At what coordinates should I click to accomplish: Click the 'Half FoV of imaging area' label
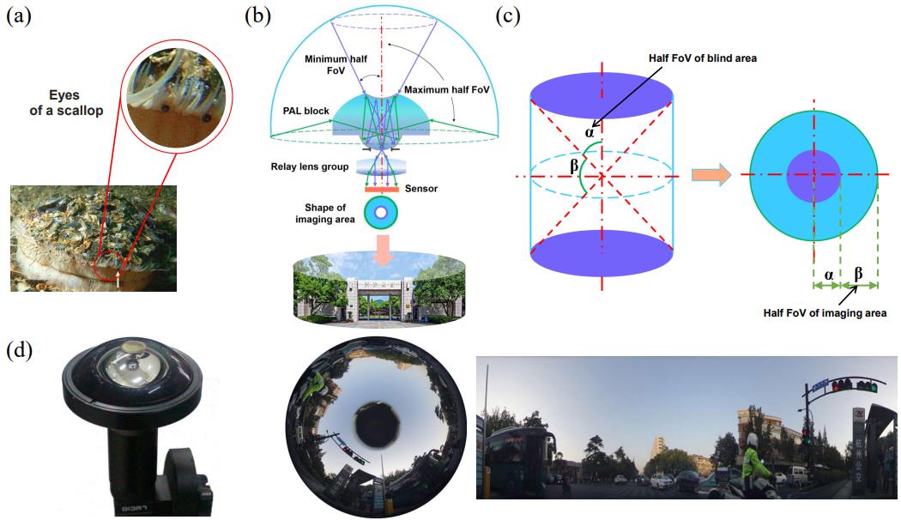tap(825, 313)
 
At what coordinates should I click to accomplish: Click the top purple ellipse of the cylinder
tap(603, 91)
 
